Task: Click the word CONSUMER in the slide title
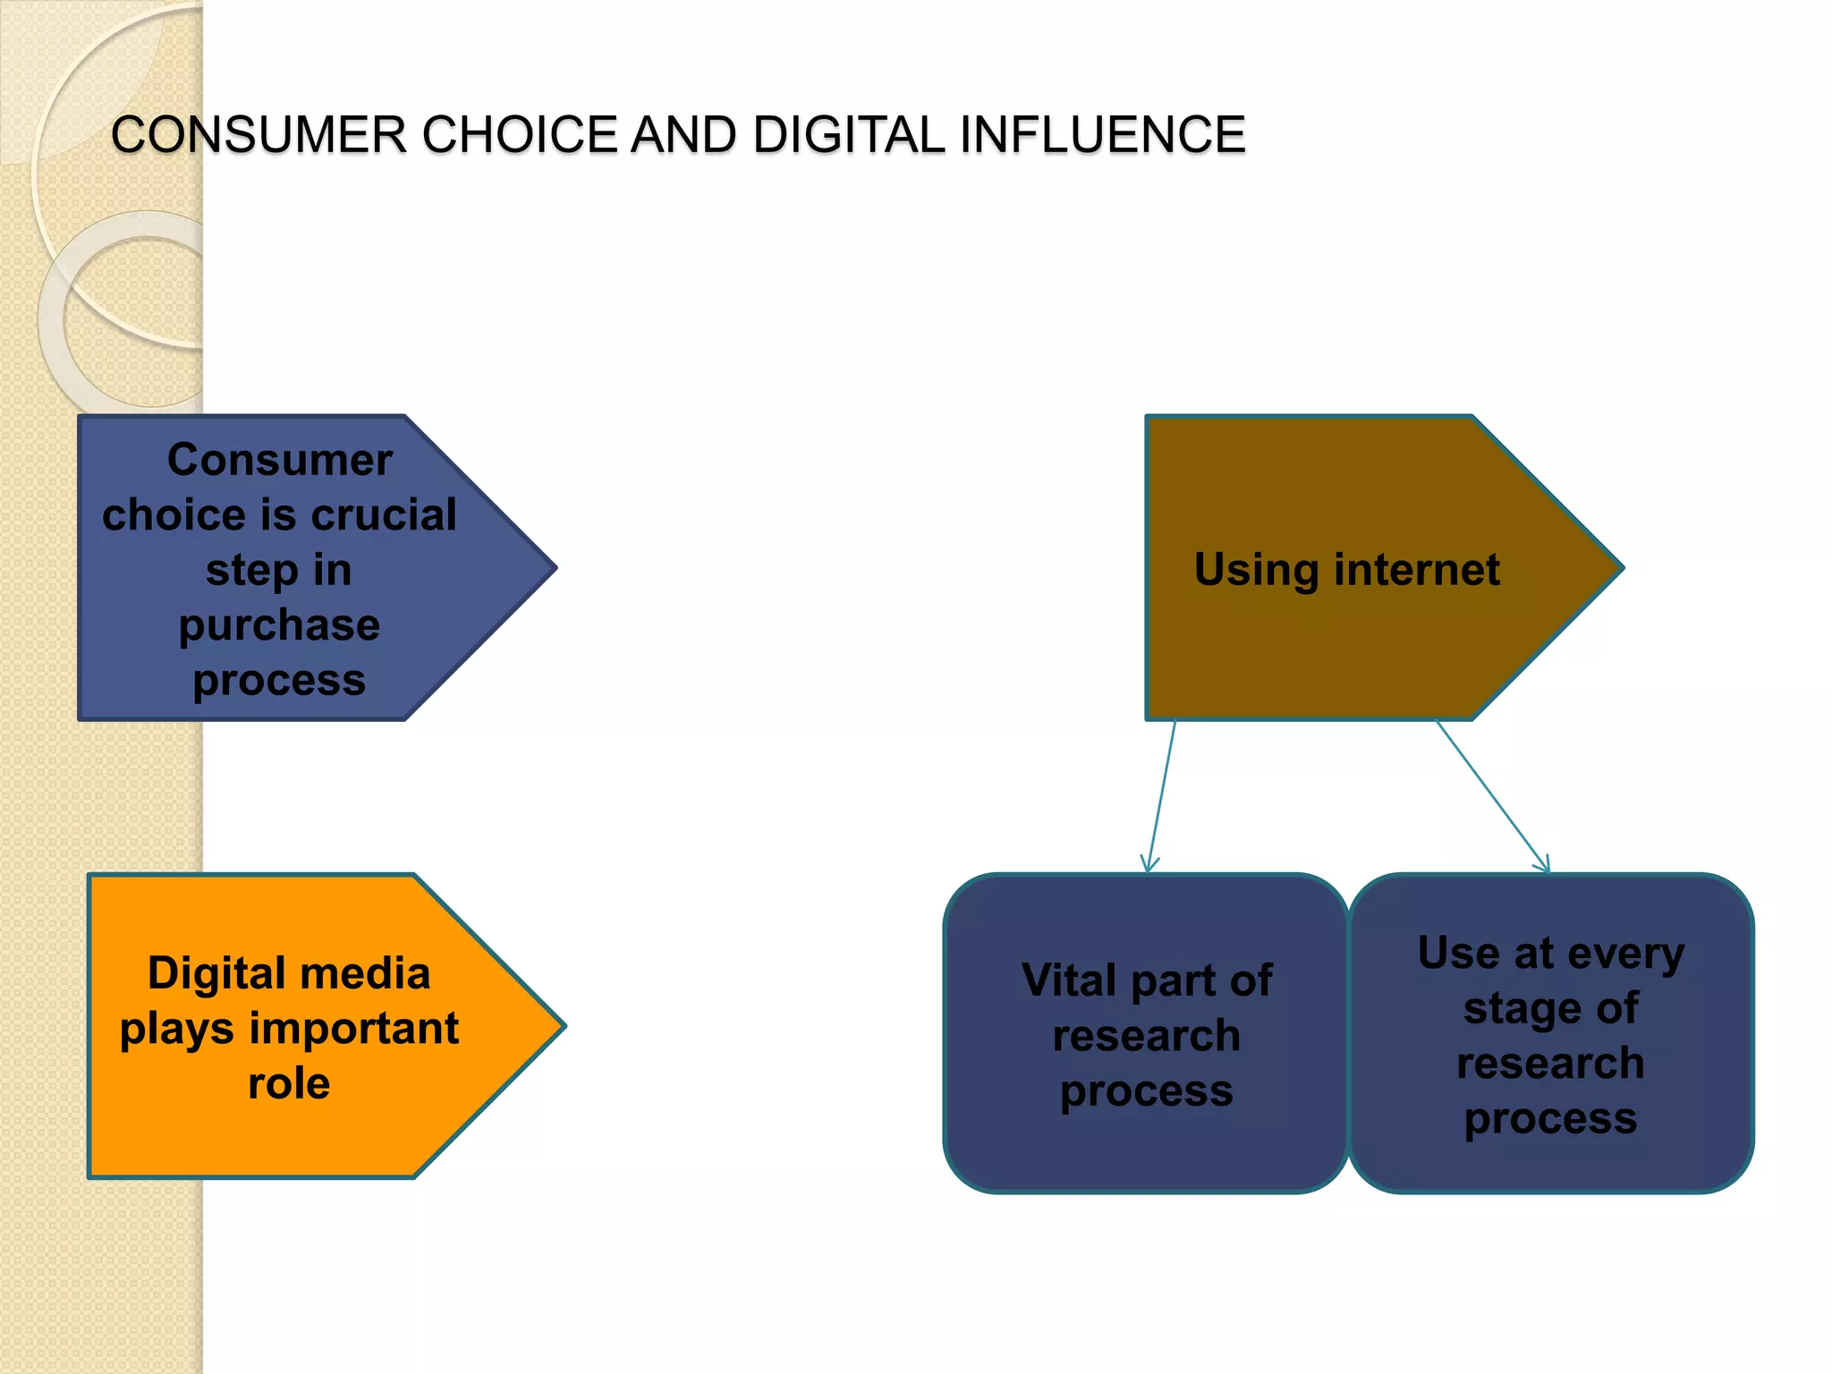point(259,135)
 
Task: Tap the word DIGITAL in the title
point(848,135)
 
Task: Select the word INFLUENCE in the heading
point(1102,135)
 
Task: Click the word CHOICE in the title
point(520,135)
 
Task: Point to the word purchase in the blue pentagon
point(279,624)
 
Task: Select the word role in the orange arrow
point(289,1083)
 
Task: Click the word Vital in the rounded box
point(1069,980)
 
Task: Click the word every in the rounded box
point(1625,954)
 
